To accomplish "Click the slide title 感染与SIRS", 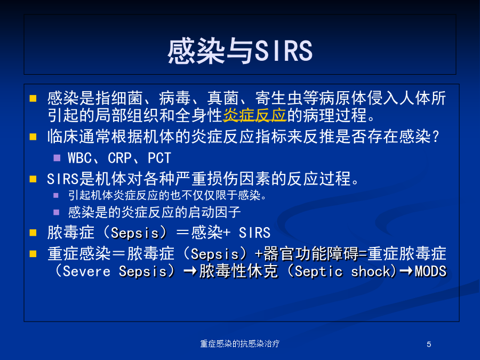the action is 240,51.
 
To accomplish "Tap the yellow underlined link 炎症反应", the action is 254,115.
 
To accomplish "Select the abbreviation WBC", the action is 79,158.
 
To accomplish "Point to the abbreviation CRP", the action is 119,158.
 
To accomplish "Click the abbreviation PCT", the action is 159,158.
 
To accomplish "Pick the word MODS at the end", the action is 431,271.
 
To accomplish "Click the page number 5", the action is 429,345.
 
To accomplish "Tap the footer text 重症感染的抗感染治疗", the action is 239,344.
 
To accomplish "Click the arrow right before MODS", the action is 406,271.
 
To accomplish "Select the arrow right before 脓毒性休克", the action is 190,271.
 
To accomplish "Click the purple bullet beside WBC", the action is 57,158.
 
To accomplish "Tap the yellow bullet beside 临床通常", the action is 33,137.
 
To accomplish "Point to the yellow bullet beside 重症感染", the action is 33,254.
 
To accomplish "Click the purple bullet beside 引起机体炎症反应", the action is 56,195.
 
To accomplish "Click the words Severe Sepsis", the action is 115,271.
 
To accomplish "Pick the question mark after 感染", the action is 436,137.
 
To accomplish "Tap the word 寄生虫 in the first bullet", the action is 278,98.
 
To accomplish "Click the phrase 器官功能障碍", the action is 310,254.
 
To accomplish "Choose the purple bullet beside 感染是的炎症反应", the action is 57,212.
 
